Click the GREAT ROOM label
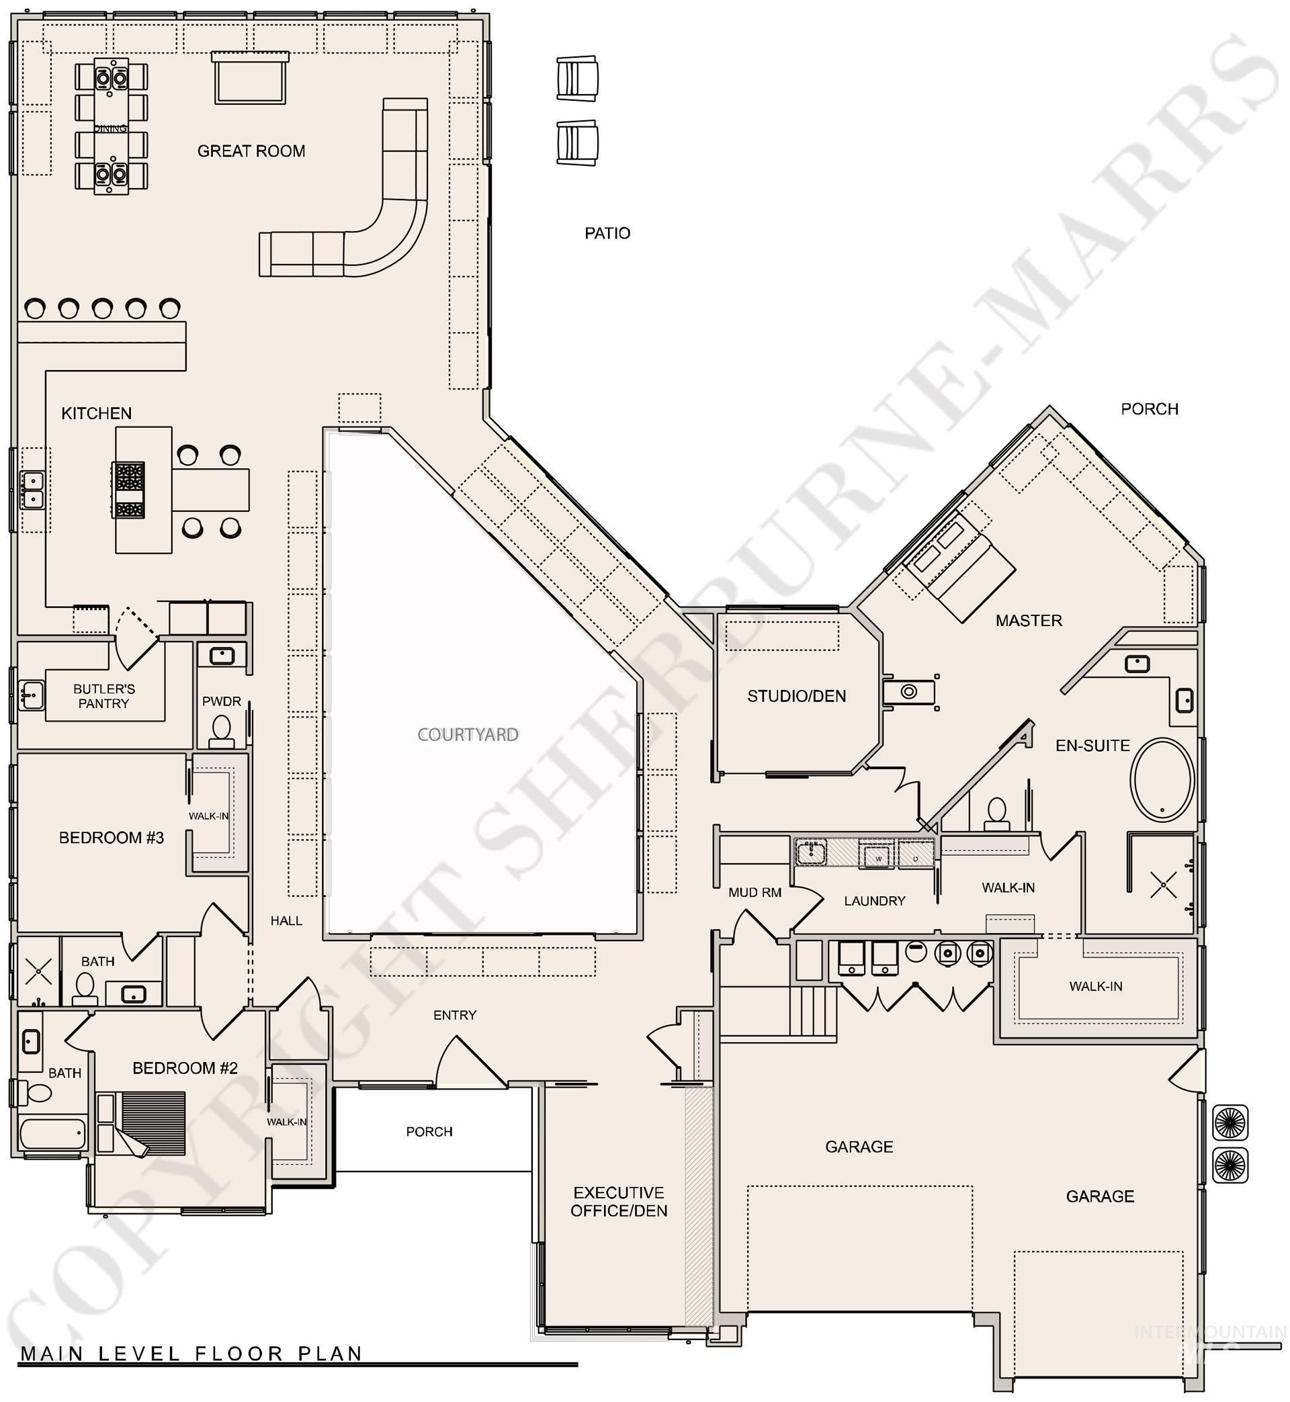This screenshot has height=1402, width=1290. tap(251, 151)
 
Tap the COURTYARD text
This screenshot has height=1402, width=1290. tap(468, 734)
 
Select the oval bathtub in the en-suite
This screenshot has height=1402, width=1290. tap(1162, 779)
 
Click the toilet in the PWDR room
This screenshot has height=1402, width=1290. tap(221, 730)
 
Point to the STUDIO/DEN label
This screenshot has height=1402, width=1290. tap(795, 696)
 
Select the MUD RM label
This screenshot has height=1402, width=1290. tap(754, 892)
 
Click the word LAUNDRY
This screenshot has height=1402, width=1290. tap(874, 901)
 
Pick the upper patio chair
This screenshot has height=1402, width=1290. tap(577, 79)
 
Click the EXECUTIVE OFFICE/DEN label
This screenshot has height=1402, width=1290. tap(619, 1202)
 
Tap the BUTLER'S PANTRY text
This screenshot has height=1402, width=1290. tap(104, 696)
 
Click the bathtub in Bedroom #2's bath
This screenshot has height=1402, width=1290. tap(52, 1133)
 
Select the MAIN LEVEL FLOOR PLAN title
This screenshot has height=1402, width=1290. tap(191, 1353)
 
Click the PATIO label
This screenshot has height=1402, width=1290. tap(607, 233)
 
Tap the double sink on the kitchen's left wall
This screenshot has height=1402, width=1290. tap(32, 490)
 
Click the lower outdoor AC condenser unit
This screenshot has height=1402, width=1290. tap(1230, 1165)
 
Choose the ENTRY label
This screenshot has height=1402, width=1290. tap(454, 1015)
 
